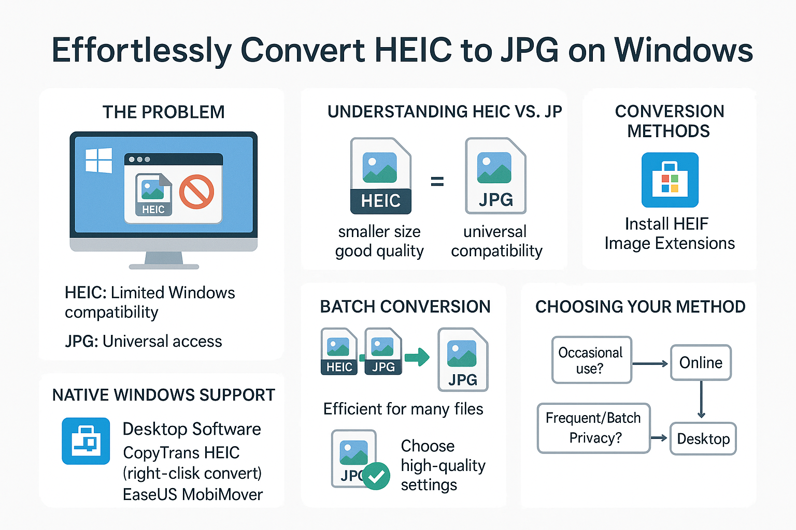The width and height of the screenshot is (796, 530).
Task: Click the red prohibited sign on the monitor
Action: [196, 192]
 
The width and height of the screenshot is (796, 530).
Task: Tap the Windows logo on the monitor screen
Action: [99, 160]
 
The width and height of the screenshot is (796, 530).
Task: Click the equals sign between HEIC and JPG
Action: [437, 181]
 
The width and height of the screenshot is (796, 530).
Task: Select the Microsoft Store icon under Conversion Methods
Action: [670, 180]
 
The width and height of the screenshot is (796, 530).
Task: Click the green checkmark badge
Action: [376, 476]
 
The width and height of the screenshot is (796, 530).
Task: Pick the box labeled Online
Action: [701, 362]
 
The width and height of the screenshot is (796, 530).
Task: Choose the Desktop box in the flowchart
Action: [703, 439]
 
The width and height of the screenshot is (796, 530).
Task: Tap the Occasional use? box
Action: [592, 360]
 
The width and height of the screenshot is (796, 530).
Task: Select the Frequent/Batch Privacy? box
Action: [594, 428]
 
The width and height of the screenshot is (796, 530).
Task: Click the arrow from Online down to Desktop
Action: [701, 400]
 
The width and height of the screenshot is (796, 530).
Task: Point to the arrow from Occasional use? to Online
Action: [650, 363]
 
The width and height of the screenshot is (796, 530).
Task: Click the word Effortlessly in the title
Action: [142, 50]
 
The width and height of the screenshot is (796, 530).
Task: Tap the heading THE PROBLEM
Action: [163, 112]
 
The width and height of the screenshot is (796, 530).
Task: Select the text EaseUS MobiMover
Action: [193, 494]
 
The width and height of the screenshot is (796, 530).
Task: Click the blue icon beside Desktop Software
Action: [86, 441]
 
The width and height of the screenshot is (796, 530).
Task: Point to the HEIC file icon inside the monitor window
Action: [153, 195]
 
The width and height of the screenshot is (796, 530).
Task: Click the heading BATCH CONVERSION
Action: [405, 306]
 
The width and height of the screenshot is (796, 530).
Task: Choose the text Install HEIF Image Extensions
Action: [670, 233]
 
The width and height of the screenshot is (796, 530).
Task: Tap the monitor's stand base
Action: [164, 267]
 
